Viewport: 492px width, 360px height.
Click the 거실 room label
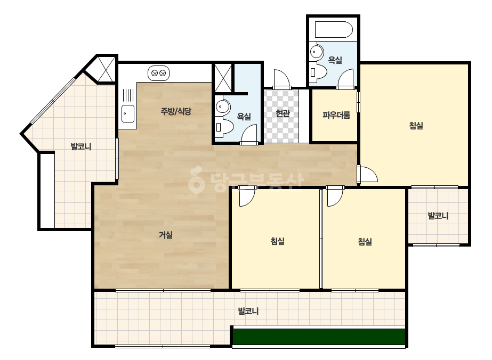point(166,235)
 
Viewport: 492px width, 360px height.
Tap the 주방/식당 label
point(176,111)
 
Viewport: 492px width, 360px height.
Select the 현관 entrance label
point(283,113)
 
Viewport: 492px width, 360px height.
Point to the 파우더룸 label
point(336,115)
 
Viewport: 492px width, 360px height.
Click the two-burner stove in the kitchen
point(158,73)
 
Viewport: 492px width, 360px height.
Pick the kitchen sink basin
point(128,113)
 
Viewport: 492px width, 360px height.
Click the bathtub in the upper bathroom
point(334,30)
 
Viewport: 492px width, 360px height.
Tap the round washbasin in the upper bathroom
point(317,52)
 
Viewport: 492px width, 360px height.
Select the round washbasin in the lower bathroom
point(223,107)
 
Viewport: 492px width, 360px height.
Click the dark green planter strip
point(319,337)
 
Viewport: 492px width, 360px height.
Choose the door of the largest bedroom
point(367,174)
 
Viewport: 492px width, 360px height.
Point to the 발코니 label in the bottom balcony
point(248,311)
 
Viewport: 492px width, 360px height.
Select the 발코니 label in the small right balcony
point(438,216)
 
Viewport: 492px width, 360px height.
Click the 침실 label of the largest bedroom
point(416,126)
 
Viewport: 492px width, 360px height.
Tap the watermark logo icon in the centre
point(196,179)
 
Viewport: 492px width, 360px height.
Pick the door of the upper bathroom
point(345,79)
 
